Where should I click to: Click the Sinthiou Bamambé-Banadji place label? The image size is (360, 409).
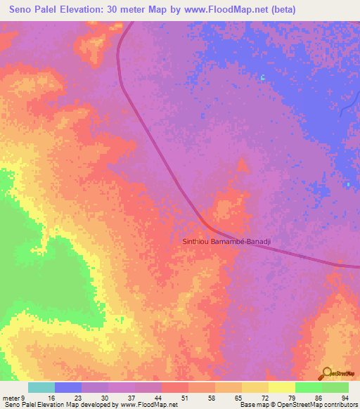226,242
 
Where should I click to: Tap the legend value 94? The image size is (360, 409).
345,398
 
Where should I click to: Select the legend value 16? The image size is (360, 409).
51,398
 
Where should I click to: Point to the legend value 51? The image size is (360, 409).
184,398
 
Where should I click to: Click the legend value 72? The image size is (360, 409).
264,398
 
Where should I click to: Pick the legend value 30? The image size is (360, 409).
104,398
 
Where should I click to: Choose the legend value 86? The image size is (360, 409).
318,398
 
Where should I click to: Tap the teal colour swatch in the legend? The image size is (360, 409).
41,387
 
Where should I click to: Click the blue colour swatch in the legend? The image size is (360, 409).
68,387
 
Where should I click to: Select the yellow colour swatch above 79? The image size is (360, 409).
281,387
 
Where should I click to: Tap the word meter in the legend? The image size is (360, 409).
12,398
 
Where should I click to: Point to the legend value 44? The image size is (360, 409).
157,398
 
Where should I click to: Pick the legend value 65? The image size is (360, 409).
238,398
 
